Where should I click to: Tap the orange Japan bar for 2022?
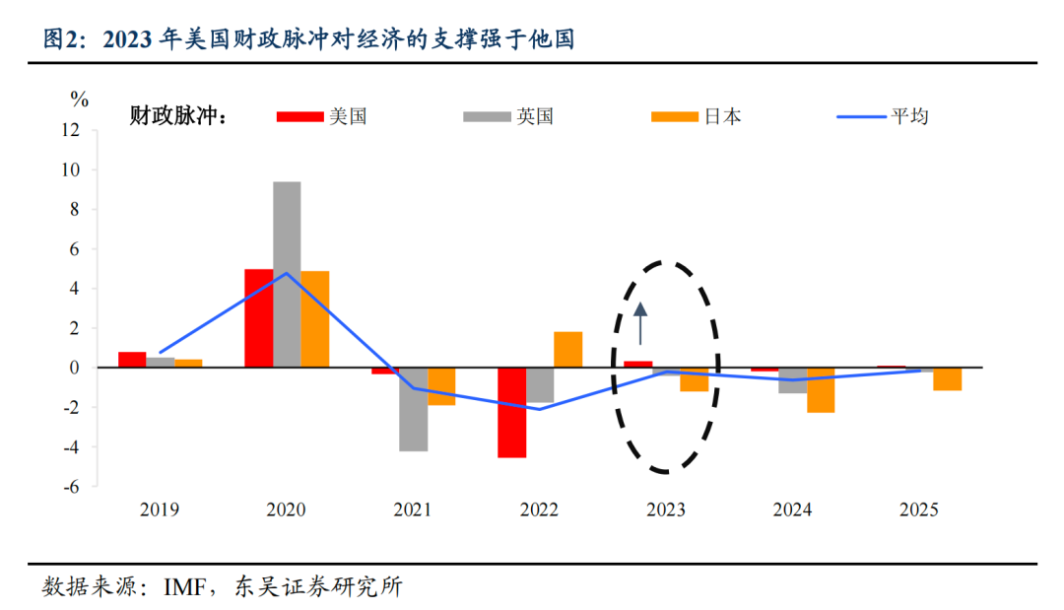click(x=567, y=350)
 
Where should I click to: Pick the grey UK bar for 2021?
click(x=414, y=409)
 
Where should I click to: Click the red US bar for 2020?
click(x=258, y=317)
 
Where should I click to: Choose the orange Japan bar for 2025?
click(x=948, y=378)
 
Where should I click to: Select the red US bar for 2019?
click(x=132, y=360)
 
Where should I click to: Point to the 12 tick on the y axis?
click(x=71, y=129)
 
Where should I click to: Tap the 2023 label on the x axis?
click(x=666, y=510)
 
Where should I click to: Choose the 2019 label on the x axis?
click(x=160, y=510)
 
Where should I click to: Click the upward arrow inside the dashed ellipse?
click(x=639, y=323)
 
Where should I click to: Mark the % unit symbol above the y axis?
click(x=79, y=99)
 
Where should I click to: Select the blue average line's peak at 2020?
click(x=287, y=273)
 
